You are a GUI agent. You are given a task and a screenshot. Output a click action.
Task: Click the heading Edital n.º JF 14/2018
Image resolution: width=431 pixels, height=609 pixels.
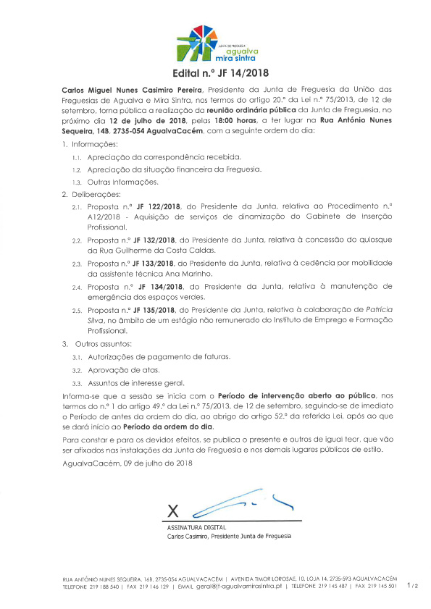click(x=215, y=73)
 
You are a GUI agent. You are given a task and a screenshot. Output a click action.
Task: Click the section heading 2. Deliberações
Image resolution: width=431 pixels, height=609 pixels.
click(x=92, y=194)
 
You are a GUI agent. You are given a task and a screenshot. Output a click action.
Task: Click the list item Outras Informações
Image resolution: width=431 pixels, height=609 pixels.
click(x=122, y=181)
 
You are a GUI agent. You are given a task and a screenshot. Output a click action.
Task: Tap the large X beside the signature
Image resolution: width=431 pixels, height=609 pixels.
click(x=172, y=509)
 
